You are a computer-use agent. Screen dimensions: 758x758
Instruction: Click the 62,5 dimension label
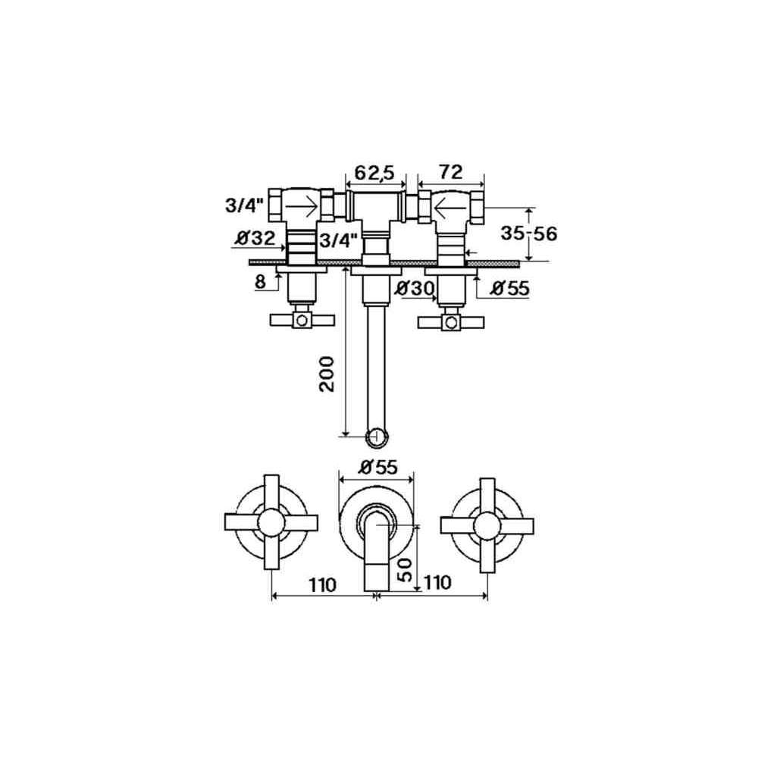click(375, 173)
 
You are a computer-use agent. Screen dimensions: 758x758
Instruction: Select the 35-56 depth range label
click(528, 233)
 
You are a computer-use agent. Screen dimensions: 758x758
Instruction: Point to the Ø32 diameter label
click(255, 238)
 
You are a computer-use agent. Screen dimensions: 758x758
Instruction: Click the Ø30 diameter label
click(415, 289)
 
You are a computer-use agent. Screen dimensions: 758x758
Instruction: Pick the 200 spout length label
click(327, 374)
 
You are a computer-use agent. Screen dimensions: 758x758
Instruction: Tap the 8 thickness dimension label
click(260, 281)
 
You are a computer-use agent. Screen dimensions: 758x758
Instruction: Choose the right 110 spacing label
click(437, 582)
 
